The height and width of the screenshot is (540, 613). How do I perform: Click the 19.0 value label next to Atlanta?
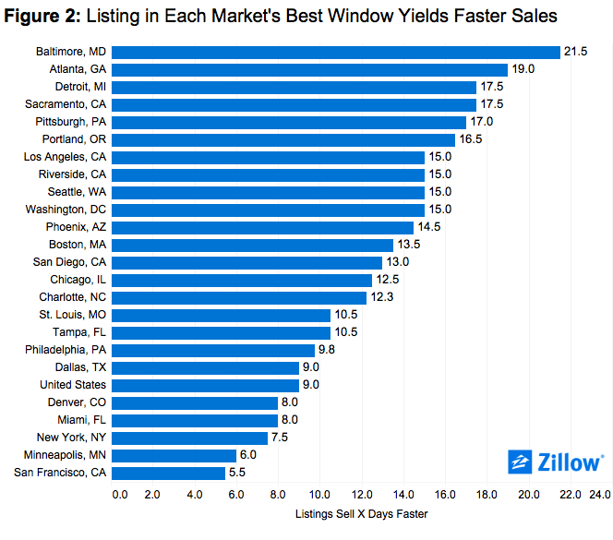(523, 69)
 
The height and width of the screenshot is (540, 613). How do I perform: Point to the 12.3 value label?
(383, 297)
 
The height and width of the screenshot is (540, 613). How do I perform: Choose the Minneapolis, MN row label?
(63, 455)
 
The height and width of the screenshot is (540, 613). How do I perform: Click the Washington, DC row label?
(66, 210)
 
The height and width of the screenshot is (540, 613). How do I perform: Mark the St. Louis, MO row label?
(71, 315)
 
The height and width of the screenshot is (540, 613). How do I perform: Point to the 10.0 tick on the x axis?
(319, 496)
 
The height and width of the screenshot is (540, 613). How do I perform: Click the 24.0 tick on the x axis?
(599, 496)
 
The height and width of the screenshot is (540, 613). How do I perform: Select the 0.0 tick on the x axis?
(120, 496)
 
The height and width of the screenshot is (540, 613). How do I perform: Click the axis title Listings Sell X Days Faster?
(361, 513)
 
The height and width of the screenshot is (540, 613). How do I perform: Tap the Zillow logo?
(556, 462)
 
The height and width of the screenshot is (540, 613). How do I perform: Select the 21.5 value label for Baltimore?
(577, 52)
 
